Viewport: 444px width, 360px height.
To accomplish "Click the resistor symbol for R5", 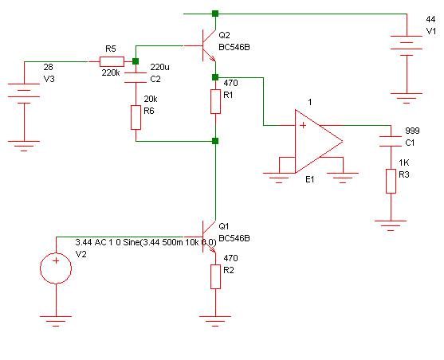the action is [x=112, y=61].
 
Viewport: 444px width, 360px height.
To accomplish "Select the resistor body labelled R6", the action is [x=136, y=117].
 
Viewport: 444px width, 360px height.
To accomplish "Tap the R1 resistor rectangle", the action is [x=215, y=102].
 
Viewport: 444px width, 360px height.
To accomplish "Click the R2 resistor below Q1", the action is [x=215, y=277].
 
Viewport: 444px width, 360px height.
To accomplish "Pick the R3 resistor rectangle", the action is [x=391, y=181].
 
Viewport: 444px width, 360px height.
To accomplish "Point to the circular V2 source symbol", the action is [x=56, y=268].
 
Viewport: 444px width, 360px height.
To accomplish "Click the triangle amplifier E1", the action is [x=319, y=141].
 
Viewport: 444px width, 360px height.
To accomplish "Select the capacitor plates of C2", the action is [x=136, y=77].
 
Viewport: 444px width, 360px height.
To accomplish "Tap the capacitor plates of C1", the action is [x=391, y=142].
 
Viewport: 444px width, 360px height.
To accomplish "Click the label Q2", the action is [x=224, y=35].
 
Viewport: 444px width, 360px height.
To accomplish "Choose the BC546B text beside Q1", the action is [x=234, y=238].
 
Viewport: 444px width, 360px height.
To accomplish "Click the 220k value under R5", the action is [x=111, y=72].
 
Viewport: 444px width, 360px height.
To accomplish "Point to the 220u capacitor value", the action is [x=159, y=67].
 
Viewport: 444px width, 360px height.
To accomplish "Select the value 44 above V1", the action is [x=430, y=19].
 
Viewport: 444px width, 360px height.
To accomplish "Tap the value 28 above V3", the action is [x=48, y=67].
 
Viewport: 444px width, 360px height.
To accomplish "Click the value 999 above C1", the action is [x=412, y=131].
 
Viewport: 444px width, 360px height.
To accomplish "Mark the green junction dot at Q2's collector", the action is [x=215, y=14].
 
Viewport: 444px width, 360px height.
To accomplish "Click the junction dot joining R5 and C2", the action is [x=136, y=61].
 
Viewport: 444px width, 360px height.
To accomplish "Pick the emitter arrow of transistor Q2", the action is [x=212, y=58].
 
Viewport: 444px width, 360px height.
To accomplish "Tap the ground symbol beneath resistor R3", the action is [x=391, y=225].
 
